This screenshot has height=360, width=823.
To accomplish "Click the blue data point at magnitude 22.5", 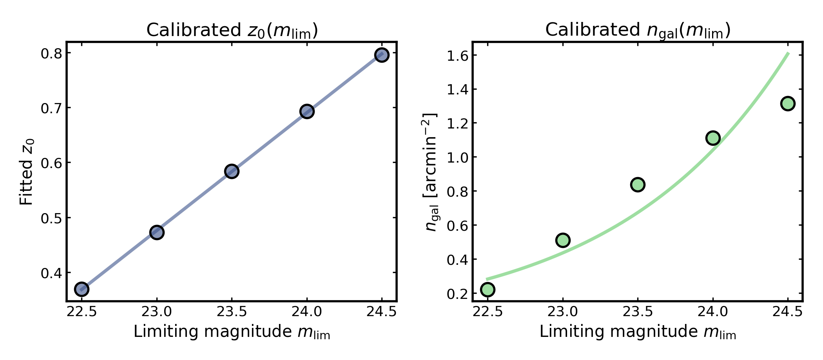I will pos(81,289).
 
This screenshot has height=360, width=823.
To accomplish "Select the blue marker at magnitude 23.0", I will pos(156,232).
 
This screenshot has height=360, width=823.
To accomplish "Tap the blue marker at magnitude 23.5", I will pos(232,171).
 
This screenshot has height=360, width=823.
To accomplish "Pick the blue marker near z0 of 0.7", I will pos(307,112).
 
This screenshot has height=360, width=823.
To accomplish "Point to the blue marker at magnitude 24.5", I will pos(382,55).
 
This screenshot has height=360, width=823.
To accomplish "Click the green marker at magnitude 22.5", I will pos(488,289).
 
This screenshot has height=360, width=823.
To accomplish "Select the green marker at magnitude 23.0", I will pos(563,240).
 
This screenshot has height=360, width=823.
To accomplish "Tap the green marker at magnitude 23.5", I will pos(638,185).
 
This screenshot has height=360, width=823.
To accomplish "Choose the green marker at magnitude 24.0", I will pos(713,138).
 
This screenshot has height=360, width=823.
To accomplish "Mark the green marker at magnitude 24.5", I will pos(788,103).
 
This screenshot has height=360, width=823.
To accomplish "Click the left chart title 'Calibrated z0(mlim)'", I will pos(232,31).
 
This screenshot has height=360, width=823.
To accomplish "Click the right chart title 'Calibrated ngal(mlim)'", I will pos(638,31).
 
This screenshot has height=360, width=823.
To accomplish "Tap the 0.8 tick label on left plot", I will pos(51,53).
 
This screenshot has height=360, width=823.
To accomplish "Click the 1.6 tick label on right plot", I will pos(457,55).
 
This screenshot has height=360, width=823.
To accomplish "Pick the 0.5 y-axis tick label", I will pos(51,218).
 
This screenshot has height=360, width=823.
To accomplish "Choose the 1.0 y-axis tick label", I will pos(457,157).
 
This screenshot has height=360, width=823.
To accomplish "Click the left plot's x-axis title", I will pos(232,332).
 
